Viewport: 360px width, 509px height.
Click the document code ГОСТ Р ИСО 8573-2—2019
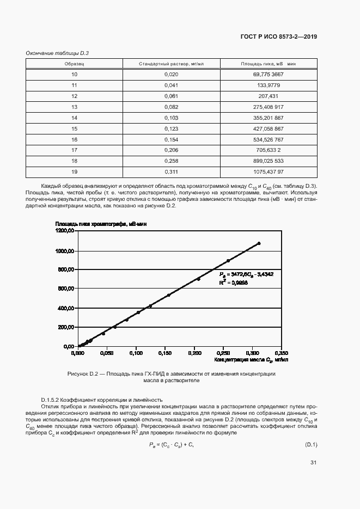278,36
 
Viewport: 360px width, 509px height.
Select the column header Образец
74,64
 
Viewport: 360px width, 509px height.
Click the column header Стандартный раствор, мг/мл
171,64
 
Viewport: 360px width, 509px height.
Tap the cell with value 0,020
171,73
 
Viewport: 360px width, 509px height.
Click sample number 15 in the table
74,128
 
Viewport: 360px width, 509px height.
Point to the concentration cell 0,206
171,150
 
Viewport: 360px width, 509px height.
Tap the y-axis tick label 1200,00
65,231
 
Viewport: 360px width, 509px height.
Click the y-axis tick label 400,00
66,308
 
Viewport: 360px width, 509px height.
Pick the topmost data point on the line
259,243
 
